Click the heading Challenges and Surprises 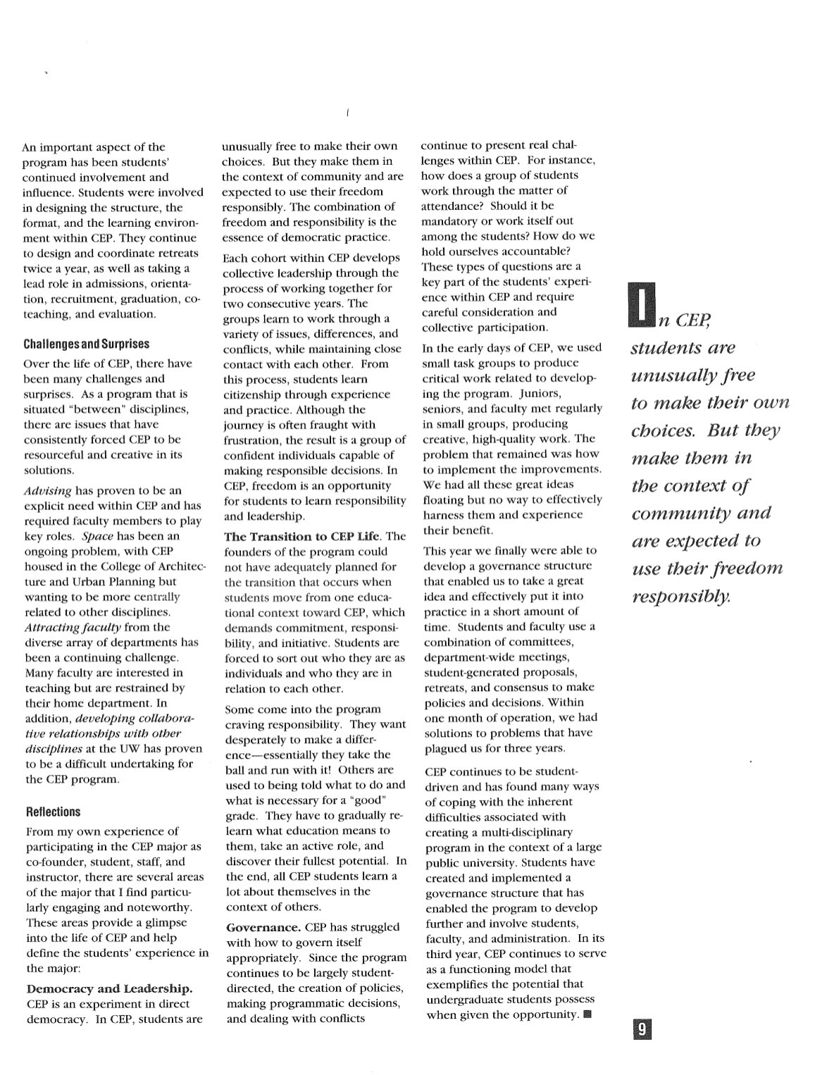86,344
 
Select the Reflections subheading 53,812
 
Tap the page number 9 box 641,1030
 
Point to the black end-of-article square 588,1015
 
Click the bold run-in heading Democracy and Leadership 109,988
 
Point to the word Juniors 540,393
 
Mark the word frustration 252,440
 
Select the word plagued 446,748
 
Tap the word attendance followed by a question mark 452,206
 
